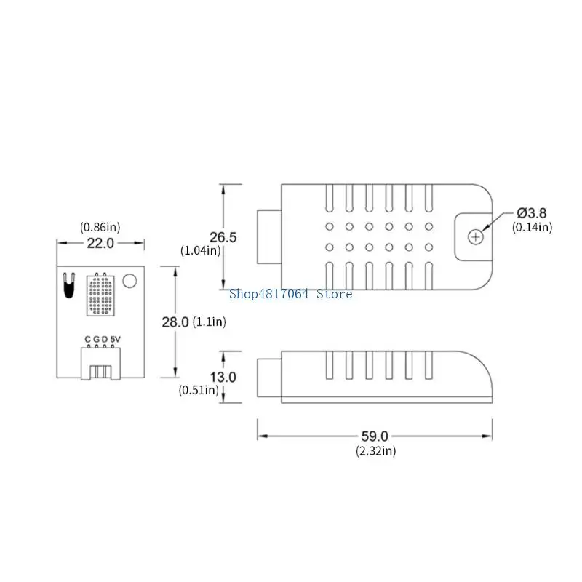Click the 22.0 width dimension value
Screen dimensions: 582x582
click(100, 243)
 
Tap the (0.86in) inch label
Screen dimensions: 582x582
click(100, 227)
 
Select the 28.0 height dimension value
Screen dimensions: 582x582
click(175, 322)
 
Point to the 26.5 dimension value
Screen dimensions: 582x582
click(223, 237)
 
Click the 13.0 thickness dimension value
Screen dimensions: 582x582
click(223, 377)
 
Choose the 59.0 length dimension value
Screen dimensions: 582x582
click(375, 436)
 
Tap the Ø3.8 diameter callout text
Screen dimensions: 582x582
click(532, 213)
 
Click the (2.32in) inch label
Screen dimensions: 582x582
click(376, 451)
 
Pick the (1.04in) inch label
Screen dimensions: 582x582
click(201, 250)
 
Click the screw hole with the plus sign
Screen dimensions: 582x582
click(476, 237)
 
